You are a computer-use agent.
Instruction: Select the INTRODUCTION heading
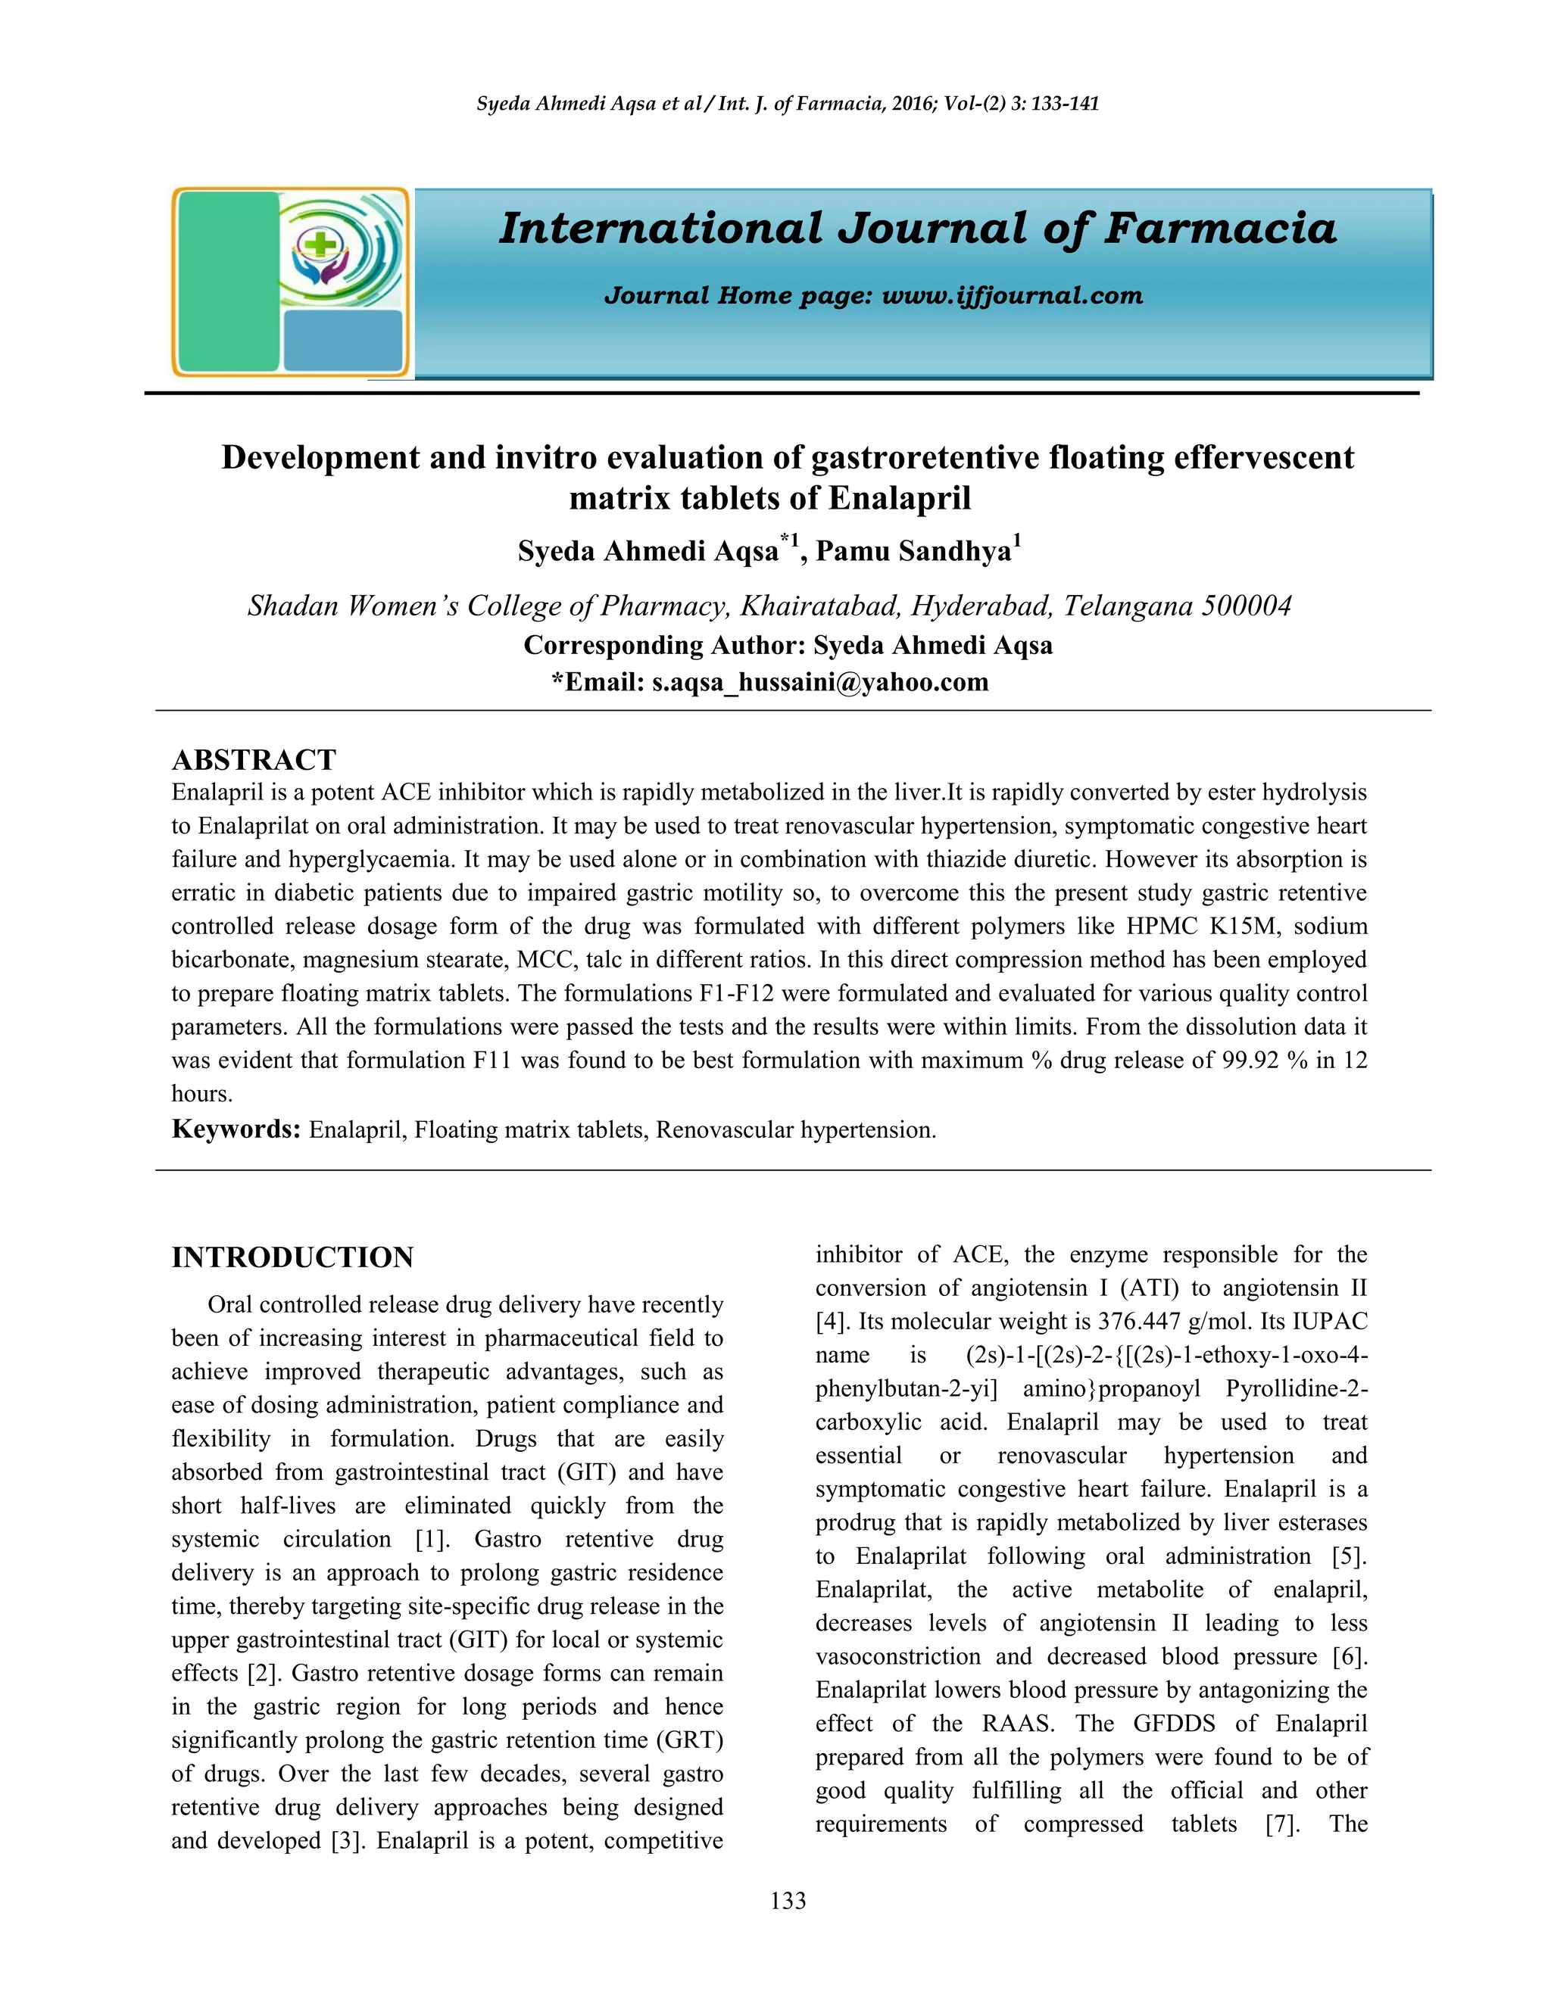click(x=292, y=1257)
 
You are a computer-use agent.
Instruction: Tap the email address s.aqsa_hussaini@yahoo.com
click(x=819, y=683)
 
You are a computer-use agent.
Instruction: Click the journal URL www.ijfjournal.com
click(x=1012, y=296)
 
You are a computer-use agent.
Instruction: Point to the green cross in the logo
click(x=320, y=245)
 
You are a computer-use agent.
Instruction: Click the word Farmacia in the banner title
click(x=1219, y=229)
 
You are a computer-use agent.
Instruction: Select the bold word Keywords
click(x=236, y=1129)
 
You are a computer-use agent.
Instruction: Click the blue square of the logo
click(x=343, y=341)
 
